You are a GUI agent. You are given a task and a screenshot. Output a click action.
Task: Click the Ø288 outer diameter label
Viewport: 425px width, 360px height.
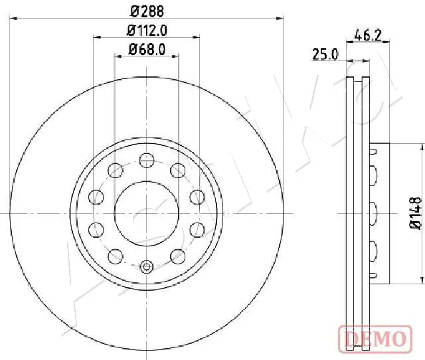[x=147, y=11]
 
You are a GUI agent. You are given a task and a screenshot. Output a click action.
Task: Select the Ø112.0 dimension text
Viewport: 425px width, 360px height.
[x=147, y=30]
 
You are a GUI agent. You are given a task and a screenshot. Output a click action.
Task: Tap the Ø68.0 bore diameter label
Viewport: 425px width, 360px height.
[x=147, y=49]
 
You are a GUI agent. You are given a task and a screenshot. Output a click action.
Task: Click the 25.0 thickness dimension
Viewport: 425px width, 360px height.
[x=326, y=55]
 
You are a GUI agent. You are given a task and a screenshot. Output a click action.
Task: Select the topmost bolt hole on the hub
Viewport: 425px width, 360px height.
[x=147, y=158]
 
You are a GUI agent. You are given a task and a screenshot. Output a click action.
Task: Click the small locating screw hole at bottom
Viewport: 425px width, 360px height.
[x=147, y=268]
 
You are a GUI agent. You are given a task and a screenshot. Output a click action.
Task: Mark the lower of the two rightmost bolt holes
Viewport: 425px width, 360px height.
[x=197, y=229]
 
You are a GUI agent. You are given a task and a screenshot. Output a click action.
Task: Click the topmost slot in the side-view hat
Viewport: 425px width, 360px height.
[x=373, y=151]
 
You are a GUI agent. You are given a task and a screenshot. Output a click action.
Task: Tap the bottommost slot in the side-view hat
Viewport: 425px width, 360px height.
[x=373, y=274]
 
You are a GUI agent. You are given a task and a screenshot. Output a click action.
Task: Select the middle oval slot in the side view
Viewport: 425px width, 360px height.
[x=373, y=213]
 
